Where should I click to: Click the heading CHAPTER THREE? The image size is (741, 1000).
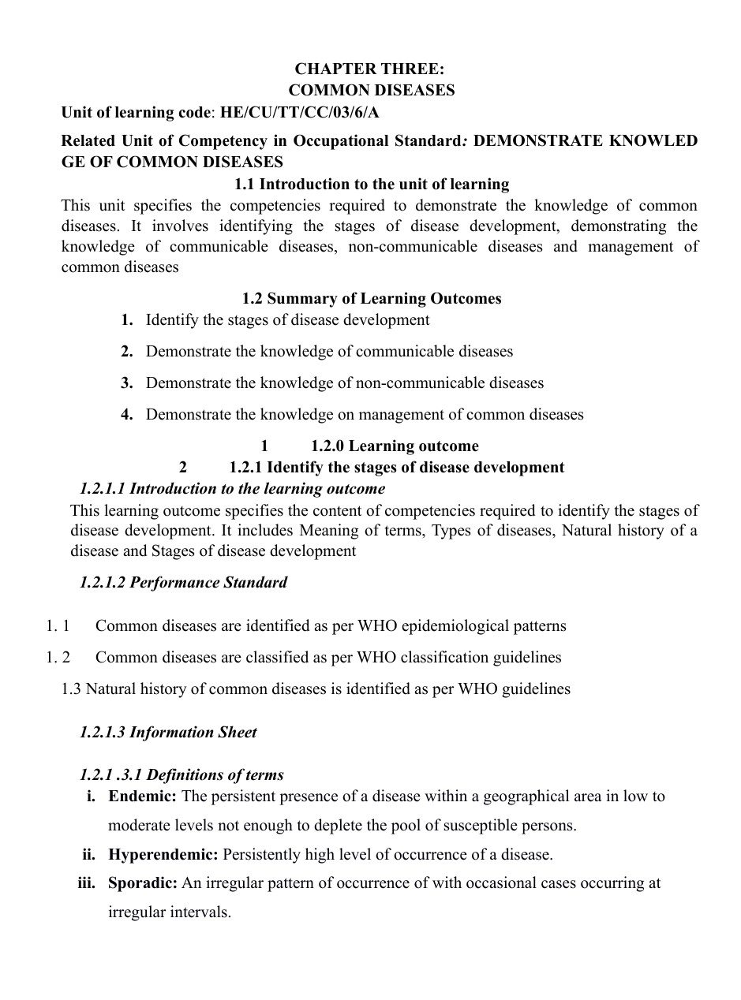pos(370,69)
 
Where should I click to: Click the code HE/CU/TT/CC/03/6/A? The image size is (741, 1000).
pos(299,112)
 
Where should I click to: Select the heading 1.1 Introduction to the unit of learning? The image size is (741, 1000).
pos(372,184)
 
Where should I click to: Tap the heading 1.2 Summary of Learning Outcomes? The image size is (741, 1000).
pos(371,298)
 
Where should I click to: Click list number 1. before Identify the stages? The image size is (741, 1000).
pos(127,319)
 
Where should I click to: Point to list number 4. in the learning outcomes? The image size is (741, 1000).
pos(127,414)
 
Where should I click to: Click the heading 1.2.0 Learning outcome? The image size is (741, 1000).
pos(395,446)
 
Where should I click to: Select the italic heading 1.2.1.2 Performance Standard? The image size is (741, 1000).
pos(183,582)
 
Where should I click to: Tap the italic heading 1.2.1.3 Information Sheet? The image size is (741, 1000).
pos(168,732)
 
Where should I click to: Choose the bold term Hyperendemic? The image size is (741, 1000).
pos(163,854)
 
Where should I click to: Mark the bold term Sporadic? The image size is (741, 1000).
pos(143,882)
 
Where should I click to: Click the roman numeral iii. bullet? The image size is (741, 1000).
pos(86,882)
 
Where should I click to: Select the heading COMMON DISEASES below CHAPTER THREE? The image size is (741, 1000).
pos(371,90)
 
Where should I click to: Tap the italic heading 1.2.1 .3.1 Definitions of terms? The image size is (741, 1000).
pos(182,774)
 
